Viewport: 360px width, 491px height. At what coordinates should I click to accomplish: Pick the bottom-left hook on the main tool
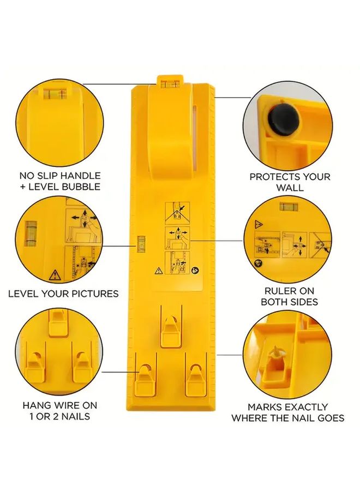point(144,377)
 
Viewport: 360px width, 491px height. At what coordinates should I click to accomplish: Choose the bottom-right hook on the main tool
point(195,377)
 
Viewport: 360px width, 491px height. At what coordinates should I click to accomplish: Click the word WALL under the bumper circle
point(290,188)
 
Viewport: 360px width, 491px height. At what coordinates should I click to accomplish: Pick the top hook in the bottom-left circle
point(57,322)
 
